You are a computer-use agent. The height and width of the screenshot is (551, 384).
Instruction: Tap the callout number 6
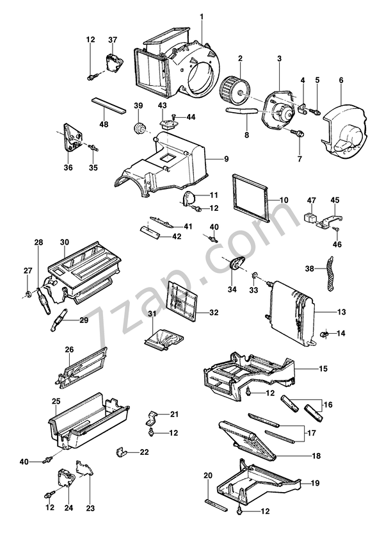click(x=341, y=80)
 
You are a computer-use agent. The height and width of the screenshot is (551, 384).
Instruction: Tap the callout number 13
click(x=341, y=312)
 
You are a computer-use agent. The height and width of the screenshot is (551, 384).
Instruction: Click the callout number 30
click(x=65, y=242)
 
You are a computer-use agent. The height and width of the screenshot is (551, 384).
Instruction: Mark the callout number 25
click(x=56, y=401)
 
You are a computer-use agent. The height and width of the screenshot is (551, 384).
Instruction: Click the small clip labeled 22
click(x=120, y=454)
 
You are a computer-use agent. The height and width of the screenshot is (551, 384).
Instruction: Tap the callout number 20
click(x=207, y=475)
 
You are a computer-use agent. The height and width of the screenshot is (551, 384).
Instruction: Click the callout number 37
click(x=113, y=40)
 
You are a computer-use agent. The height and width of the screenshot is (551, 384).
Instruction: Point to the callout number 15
click(x=323, y=368)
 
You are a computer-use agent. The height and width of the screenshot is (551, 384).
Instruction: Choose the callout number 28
click(x=38, y=242)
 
